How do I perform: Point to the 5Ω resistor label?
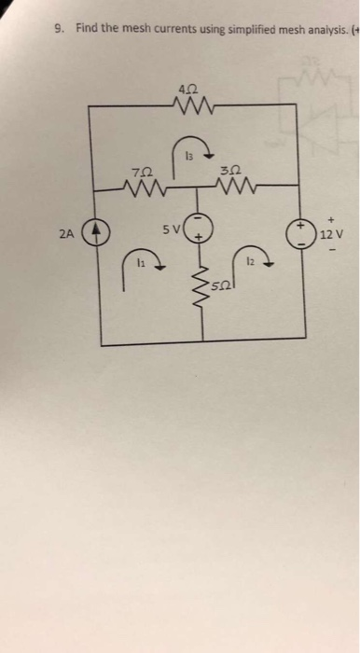218,283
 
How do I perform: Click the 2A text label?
63,234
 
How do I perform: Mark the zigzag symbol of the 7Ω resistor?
141,188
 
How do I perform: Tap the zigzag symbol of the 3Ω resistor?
232,188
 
